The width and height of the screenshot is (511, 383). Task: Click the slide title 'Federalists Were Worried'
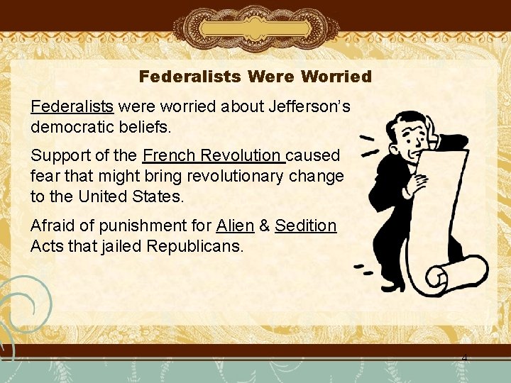point(255,76)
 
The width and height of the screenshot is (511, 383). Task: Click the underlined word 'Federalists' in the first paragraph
point(72,106)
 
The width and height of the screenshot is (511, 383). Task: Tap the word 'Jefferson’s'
point(309,106)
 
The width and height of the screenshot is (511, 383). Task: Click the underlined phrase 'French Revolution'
point(212,155)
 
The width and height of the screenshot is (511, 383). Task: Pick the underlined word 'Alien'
point(235,226)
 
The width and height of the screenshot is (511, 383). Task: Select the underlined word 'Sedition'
point(305,226)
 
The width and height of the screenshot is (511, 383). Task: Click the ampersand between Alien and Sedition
point(264,226)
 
